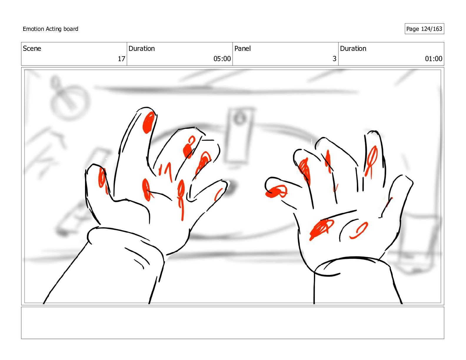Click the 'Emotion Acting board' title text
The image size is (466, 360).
pos(50,29)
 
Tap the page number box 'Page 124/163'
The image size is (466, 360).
pos(424,29)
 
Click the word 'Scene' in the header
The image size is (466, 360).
pos(32,49)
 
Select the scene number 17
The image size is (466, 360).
pos(122,59)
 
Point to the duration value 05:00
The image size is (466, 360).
pos(222,59)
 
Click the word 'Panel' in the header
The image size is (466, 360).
pos(242,49)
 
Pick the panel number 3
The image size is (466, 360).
pos(334,59)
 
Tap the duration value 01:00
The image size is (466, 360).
pos(433,59)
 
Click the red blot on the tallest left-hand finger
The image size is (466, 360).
pos(148,123)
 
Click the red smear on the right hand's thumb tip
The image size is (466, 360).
pos(276,191)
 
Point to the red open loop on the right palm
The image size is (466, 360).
pos(359,230)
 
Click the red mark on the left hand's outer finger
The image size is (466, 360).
pos(102,181)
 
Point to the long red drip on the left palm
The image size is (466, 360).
pos(181,199)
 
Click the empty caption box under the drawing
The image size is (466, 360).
pos(233,323)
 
